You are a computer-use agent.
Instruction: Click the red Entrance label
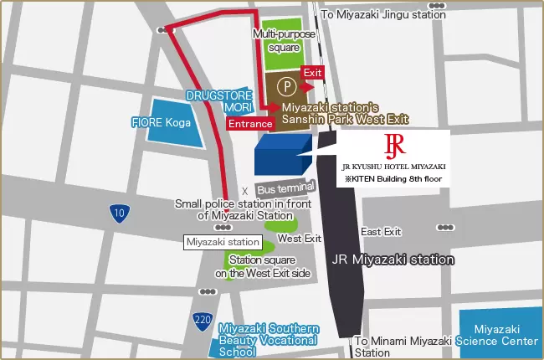coord(250,124)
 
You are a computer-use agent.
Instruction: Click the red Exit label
coord(312,73)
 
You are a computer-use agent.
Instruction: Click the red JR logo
coord(394,145)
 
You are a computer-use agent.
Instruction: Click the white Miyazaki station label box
coord(223,242)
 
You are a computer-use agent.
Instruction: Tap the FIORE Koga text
coord(162,122)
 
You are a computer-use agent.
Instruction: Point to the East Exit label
coord(381,231)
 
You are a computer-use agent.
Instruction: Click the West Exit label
coord(300,239)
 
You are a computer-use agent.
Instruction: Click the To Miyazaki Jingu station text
coord(383,14)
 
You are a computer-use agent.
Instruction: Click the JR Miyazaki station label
coord(394,260)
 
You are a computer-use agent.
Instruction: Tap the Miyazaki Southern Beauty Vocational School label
coord(267,340)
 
